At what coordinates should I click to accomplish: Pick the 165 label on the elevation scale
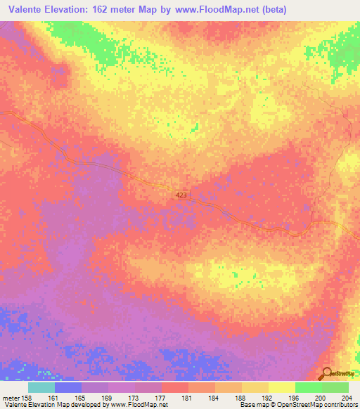point(82,397)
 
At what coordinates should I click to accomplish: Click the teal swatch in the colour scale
point(41,387)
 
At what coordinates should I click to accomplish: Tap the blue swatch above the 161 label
point(68,387)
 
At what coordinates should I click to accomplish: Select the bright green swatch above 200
point(308,387)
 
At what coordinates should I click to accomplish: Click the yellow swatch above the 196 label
point(281,387)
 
